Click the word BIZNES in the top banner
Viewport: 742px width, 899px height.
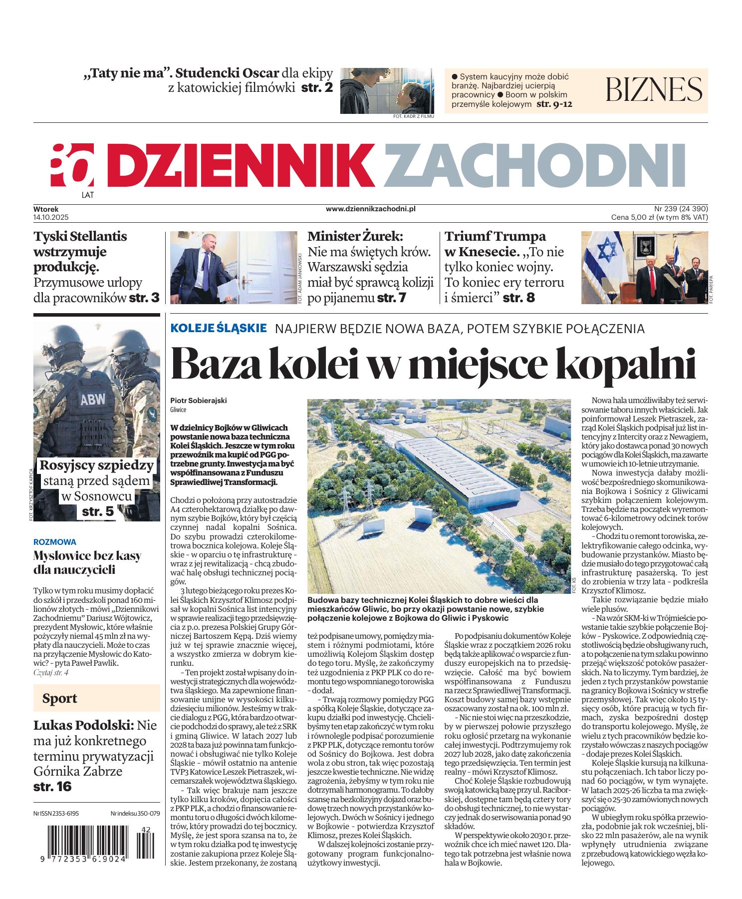pyautogui.click(x=654, y=89)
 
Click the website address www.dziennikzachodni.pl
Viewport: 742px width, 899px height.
pyautogui.click(x=370, y=209)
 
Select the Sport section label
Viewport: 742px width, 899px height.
pyautogui.click(x=59, y=698)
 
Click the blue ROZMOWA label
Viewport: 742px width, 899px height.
pyautogui.click(x=54, y=541)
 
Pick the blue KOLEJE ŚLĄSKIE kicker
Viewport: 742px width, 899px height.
pyautogui.click(x=219, y=328)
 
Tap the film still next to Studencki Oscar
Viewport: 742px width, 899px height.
pyautogui.click(x=387, y=90)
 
